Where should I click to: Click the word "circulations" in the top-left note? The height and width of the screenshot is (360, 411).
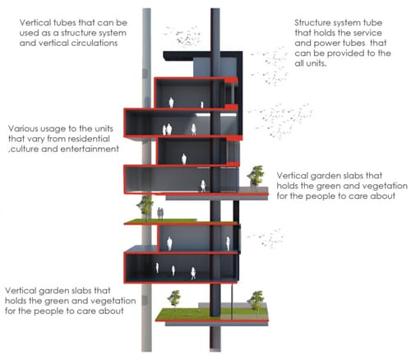(x=95, y=43)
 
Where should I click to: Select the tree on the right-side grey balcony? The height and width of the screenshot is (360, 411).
(x=256, y=175)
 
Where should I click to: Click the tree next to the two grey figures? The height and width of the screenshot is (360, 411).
(x=145, y=207)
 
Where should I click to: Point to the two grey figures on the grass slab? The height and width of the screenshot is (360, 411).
(x=160, y=214)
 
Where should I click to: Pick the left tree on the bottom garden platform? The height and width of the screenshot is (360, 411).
(x=174, y=299)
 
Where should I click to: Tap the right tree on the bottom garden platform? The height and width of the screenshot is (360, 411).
(x=256, y=301)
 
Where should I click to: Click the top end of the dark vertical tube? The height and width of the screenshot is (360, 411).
(x=215, y=9)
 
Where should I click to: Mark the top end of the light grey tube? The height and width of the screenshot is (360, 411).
(x=146, y=9)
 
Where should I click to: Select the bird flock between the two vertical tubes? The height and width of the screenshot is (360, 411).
(x=183, y=36)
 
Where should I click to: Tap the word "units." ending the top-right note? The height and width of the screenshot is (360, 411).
(x=311, y=64)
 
